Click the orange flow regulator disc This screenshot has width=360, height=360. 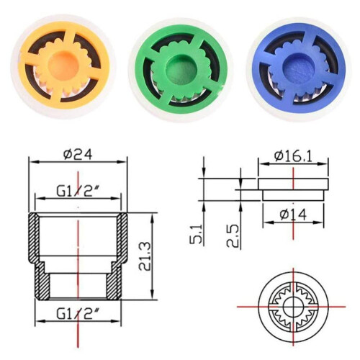(x=63, y=65)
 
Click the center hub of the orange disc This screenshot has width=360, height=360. (x=63, y=65)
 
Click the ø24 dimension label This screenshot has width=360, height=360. (x=78, y=154)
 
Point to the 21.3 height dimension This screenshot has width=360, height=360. (x=145, y=256)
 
